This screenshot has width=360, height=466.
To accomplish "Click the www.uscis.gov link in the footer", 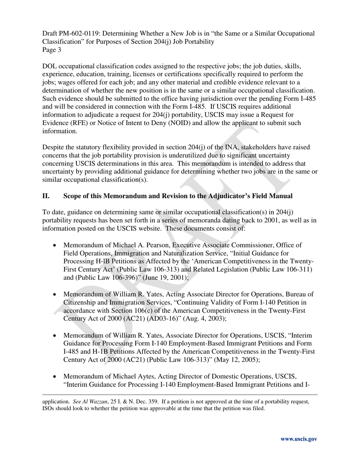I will pos(299,439).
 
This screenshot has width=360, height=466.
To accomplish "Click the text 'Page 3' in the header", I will pos(52,50).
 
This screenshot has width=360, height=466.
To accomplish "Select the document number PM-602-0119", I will pos(78,33).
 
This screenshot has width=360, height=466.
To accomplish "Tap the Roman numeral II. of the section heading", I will pos(46,196).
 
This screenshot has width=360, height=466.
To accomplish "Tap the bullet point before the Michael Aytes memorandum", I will pos(55,377).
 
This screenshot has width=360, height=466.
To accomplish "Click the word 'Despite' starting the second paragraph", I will pos(53,147).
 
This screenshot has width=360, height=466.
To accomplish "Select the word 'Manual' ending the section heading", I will pos(280,196).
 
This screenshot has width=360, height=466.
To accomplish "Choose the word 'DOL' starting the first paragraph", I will pos(49,66).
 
